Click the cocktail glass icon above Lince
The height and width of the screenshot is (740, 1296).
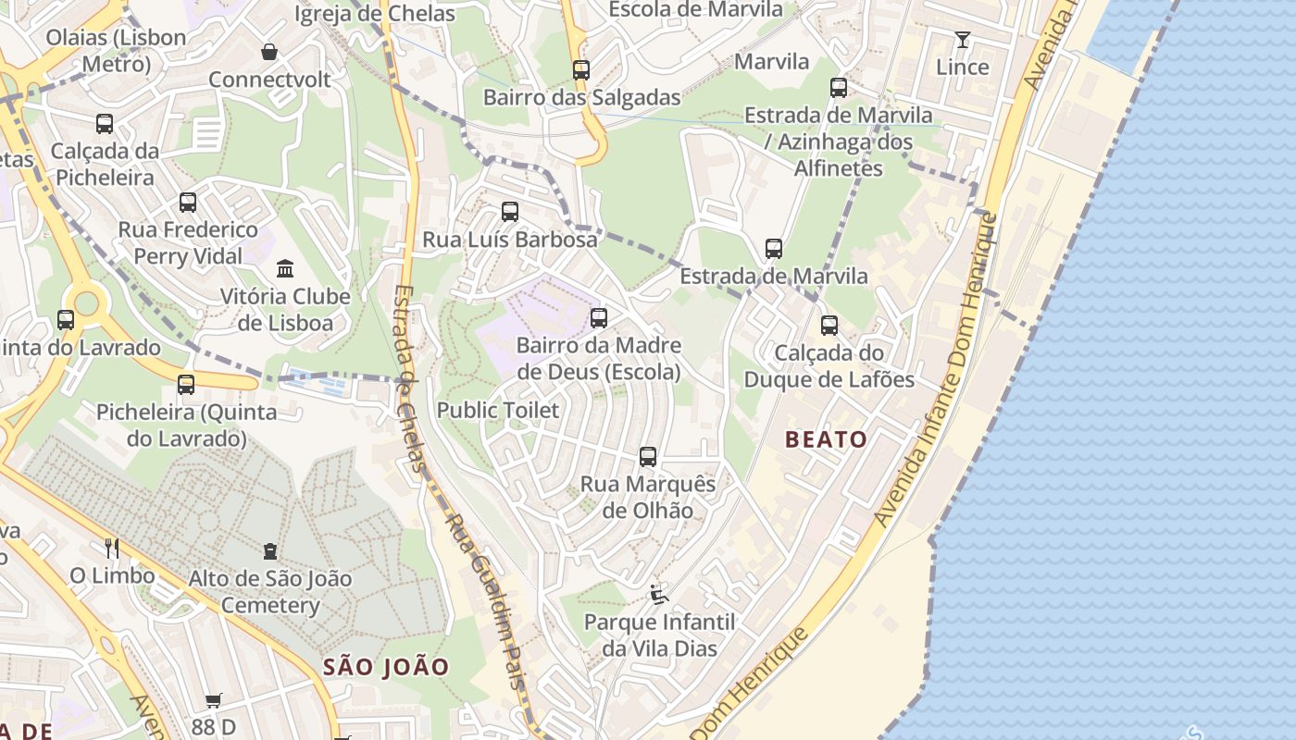coord(963,40)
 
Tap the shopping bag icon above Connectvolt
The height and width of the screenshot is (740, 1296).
coord(269,52)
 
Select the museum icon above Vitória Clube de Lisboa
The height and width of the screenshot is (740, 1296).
coord(285,269)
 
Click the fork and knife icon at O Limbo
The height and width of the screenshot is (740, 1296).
coord(112,549)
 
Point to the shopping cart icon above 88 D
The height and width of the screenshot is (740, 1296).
coord(214,701)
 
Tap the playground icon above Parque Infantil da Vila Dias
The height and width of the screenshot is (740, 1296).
coord(659,595)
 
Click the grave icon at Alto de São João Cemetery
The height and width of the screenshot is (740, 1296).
coord(270,551)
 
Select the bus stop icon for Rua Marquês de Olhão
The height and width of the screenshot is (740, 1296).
coord(648,457)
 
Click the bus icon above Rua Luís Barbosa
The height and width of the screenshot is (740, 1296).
coord(510,212)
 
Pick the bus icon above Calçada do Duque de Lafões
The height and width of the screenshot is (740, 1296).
coord(829,326)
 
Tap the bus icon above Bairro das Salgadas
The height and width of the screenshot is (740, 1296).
coord(581,70)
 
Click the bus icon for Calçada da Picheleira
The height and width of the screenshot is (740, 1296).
coord(105,124)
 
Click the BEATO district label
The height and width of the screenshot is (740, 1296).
coord(826,439)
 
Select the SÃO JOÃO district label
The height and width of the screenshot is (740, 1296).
coord(386,667)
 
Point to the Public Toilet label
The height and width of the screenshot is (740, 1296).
coord(498,410)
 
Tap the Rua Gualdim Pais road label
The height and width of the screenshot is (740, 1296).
coord(485,601)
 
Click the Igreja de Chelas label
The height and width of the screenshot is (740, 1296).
coord(375,14)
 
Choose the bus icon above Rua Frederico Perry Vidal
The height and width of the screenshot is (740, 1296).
coord(188,203)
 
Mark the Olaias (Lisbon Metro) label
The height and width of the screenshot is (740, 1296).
coord(117,51)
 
